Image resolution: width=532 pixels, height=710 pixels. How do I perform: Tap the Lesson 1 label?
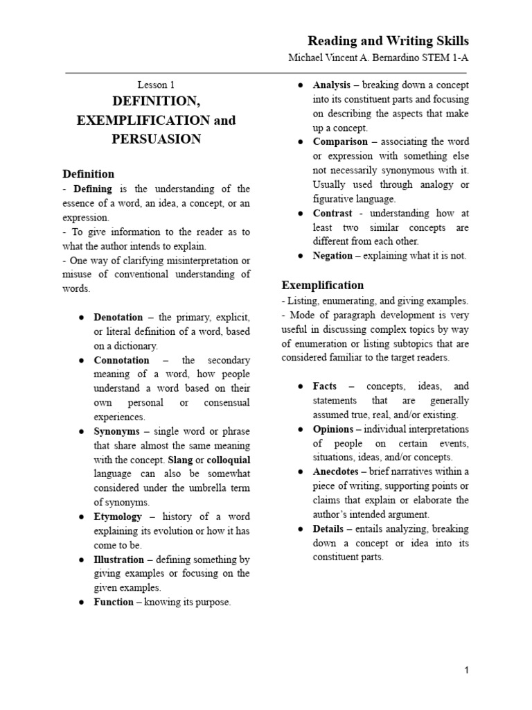pos(157,85)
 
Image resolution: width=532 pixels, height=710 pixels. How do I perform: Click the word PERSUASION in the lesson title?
pos(156,139)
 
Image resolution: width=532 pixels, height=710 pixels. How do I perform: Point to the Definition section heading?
pos(89,174)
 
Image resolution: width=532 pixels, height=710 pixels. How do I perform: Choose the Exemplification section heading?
pos(322,285)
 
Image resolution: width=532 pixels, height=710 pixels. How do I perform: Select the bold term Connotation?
pos(121,361)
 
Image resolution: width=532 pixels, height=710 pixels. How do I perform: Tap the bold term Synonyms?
pos(117,431)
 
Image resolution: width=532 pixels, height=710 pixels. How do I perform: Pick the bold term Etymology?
pos(118,517)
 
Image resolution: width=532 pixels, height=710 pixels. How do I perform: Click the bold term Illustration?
pos(119,560)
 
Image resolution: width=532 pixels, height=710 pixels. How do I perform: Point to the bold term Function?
pos(114,602)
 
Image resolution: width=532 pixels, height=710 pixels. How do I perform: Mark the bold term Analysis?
pos(332,85)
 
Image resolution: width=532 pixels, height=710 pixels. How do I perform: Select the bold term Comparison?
pos(340,142)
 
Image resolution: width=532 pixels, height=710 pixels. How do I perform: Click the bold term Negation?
pos(332,256)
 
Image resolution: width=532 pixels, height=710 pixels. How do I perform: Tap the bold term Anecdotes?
pos(335,471)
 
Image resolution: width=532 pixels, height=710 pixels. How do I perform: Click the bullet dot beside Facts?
pos(301,386)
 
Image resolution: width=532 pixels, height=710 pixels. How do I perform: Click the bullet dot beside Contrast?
pos(301,214)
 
